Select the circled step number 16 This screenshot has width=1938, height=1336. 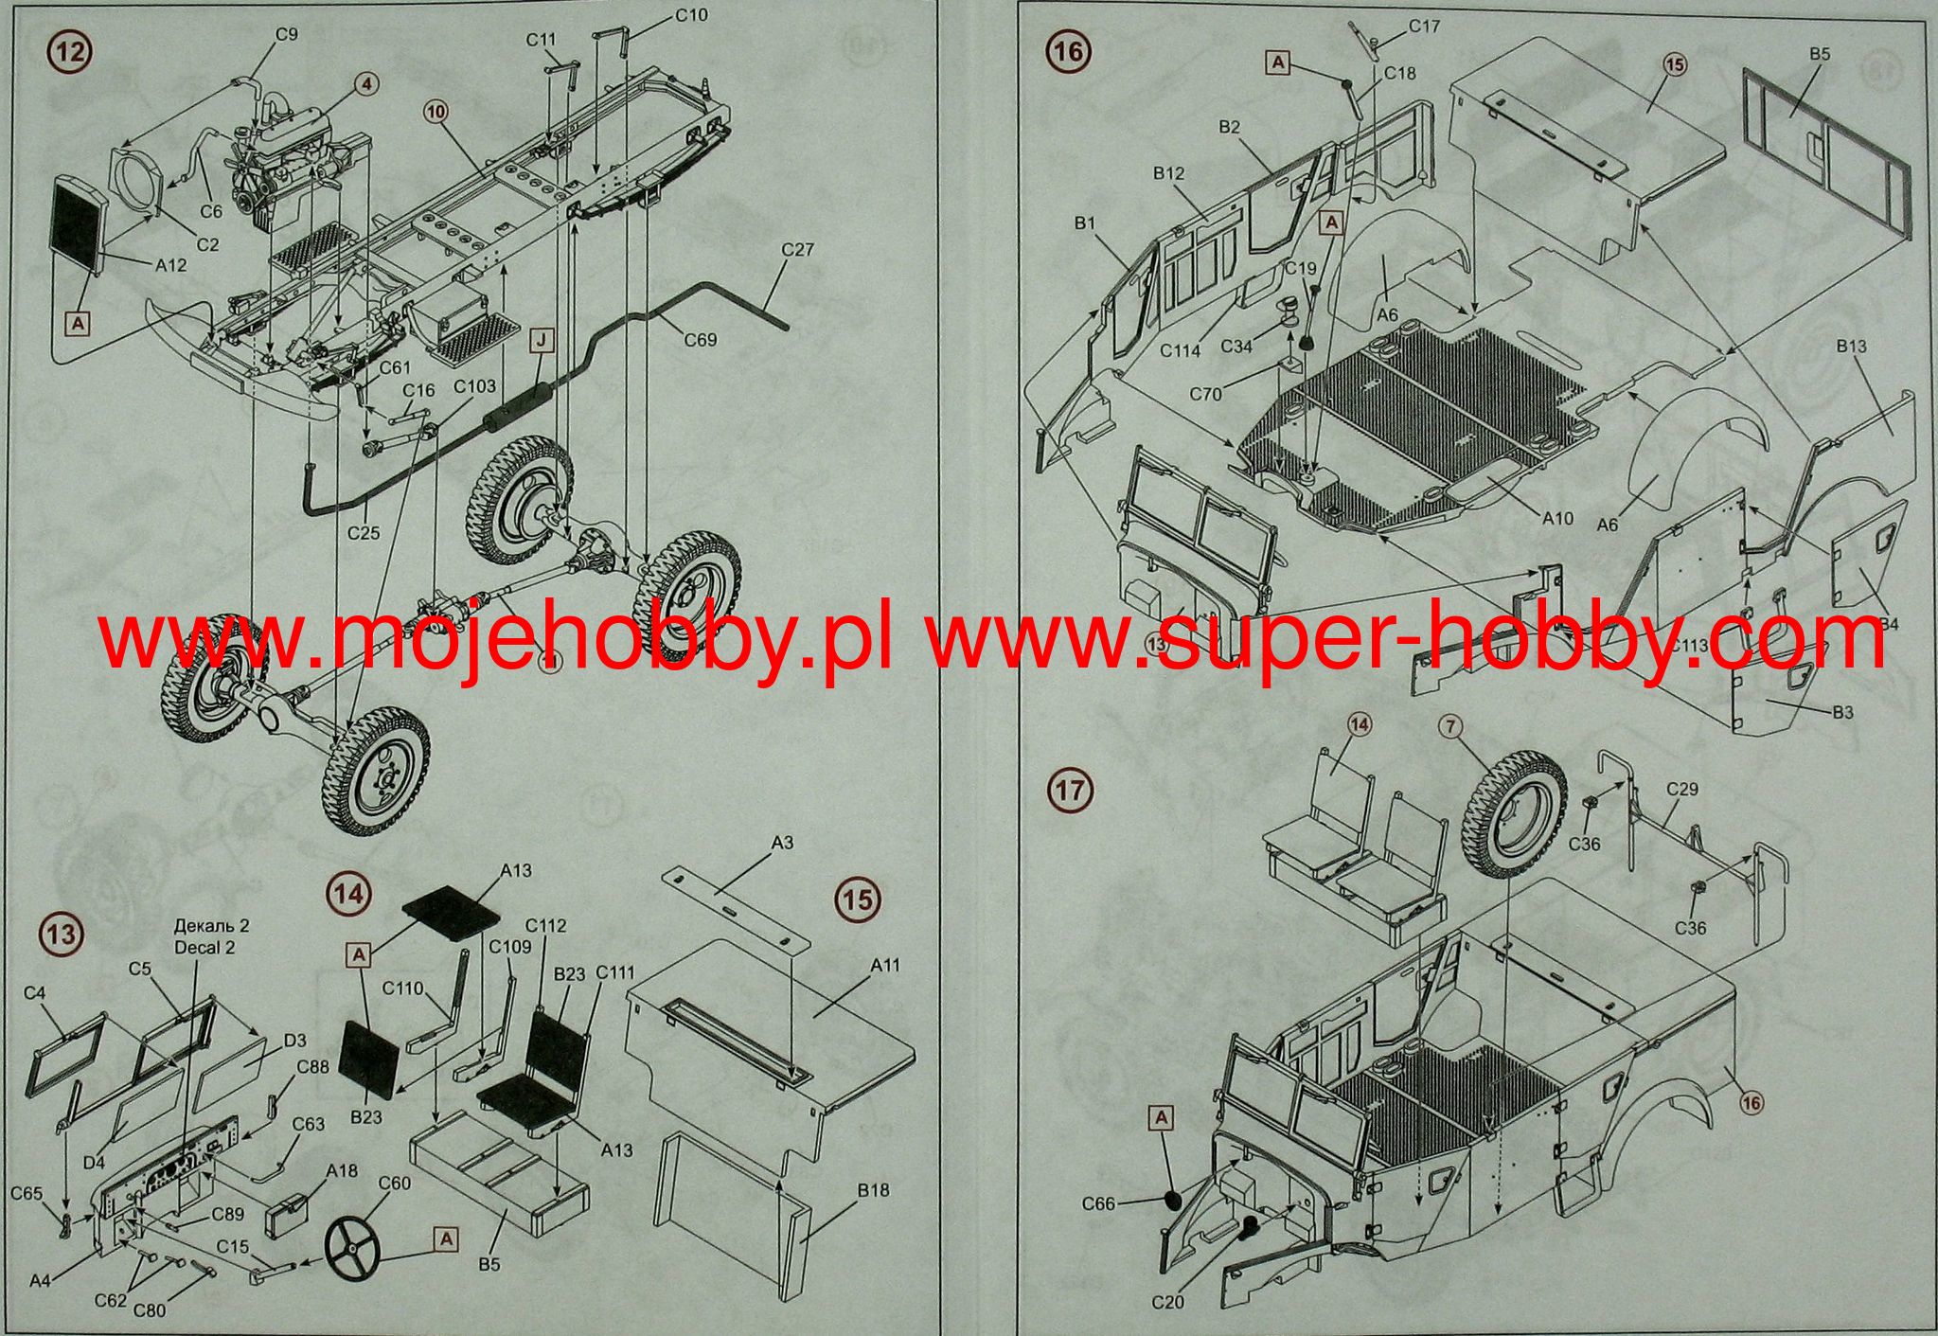pyautogui.click(x=1068, y=51)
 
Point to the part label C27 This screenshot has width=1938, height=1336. pyautogui.click(x=797, y=250)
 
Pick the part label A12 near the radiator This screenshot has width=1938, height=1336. pyautogui.click(x=170, y=266)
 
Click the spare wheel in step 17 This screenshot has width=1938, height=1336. pyautogui.click(x=1513, y=826)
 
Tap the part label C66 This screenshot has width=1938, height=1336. pyautogui.click(x=1100, y=1204)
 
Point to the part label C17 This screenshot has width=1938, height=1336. pyautogui.click(x=1424, y=27)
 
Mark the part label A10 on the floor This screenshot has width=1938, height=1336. pyautogui.click(x=1557, y=518)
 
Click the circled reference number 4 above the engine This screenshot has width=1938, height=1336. pyautogui.click(x=367, y=84)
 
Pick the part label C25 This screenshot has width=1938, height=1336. pyautogui.click(x=363, y=533)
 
